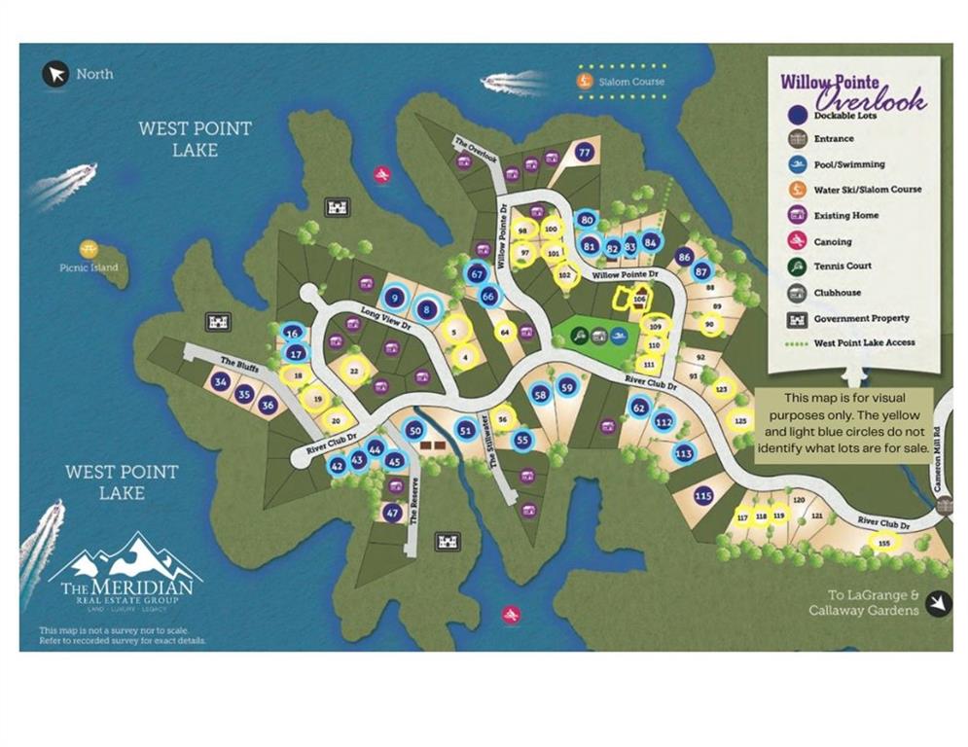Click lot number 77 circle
tap(584, 153)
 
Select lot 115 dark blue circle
tap(703, 496)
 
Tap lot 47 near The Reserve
tap(392, 513)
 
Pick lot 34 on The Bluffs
tap(221, 382)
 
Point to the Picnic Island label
tap(90, 267)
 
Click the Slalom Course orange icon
tap(585, 82)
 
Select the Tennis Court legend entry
tap(843, 266)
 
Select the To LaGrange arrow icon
tap(937, 604)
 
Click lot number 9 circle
tap(394, 299)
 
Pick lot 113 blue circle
tap(683, 452)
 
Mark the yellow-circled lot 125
tap(741, 421)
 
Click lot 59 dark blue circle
tap(568, 388)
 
